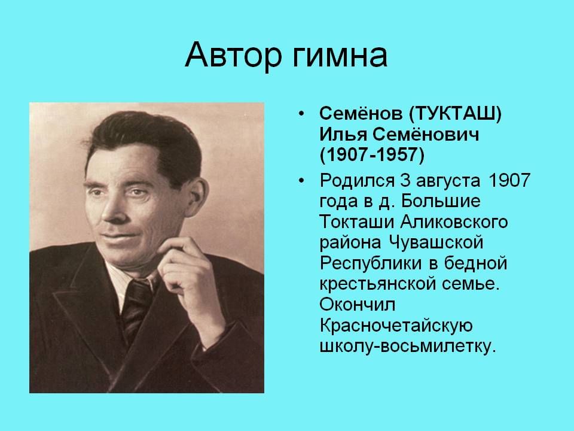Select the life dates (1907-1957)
point(372,155)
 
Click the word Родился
point(357,180)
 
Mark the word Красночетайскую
point(396,326)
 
